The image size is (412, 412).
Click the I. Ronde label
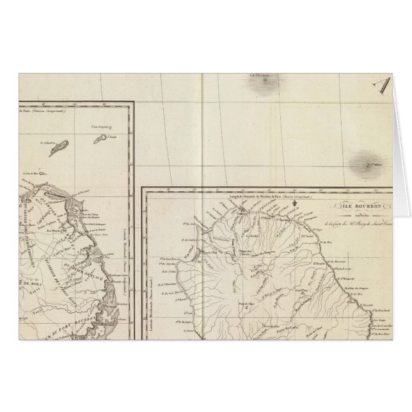pos(113,137)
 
